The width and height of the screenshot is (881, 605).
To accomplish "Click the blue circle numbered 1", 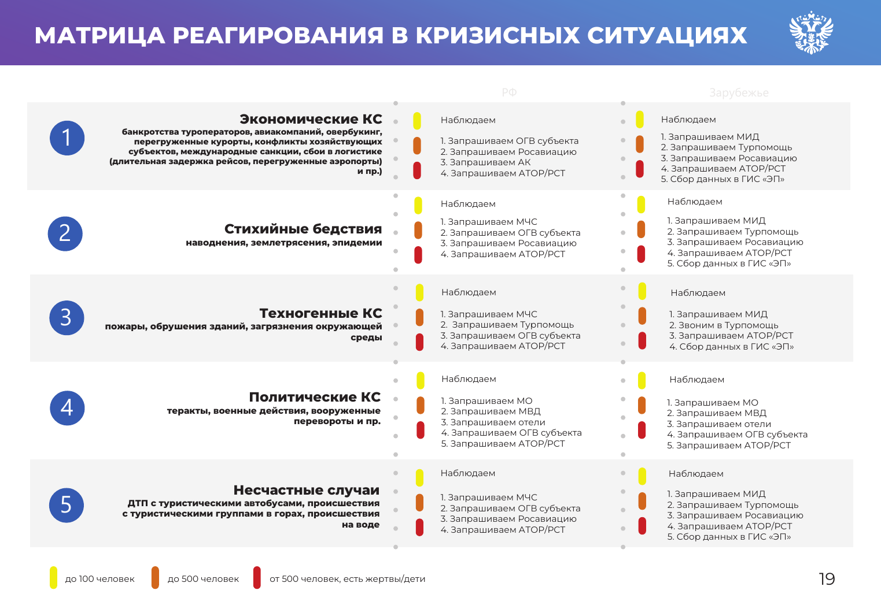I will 67,138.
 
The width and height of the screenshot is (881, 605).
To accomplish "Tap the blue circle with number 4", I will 67,408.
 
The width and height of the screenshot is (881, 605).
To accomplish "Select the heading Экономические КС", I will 311,119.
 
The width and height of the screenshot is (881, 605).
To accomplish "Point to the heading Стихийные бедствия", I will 303,229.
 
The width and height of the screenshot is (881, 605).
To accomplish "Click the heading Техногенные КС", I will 320,313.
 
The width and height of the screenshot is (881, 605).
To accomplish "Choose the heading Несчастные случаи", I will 306,490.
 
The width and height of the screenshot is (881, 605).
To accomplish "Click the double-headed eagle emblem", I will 811,32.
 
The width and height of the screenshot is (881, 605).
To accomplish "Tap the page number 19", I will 827,579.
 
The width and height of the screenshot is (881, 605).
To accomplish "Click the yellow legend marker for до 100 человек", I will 53,578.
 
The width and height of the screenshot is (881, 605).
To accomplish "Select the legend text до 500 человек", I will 203,579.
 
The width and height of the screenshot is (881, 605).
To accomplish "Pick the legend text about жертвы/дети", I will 347,579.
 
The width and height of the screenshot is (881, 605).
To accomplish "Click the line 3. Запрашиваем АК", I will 485,162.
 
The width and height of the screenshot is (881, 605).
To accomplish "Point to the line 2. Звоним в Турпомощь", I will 724,325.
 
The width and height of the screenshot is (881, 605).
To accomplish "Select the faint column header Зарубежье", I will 739,93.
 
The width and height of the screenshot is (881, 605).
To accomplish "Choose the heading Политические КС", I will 315,397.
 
